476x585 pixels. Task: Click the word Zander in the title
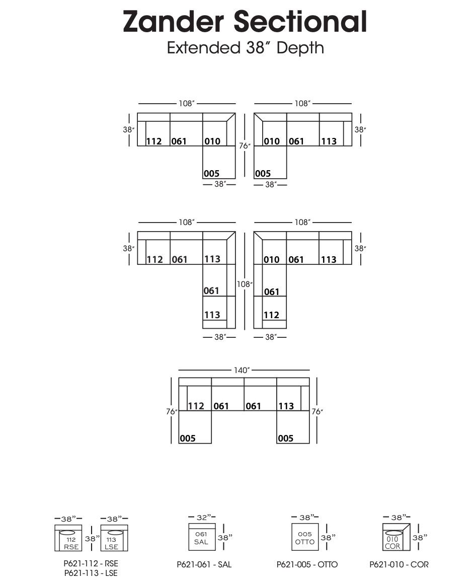173,22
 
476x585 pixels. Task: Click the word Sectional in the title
300,22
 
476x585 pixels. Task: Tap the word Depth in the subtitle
300,48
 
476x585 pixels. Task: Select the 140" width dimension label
242,370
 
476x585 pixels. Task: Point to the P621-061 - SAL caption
204,564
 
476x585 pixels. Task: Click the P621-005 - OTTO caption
307,564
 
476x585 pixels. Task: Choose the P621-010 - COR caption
399,564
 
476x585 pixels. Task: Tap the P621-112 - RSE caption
91,563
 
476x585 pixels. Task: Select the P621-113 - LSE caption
91,573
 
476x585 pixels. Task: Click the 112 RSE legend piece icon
68,538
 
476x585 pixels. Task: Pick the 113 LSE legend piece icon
114,538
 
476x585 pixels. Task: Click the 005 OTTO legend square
305,537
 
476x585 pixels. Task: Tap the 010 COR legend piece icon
396,537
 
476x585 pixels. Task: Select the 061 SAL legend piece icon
202,537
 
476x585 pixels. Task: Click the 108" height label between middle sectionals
245,284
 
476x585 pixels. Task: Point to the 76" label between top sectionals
245,146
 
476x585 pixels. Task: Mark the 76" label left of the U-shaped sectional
172,411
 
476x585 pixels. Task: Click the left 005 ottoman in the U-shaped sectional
195,427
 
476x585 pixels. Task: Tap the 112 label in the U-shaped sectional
196,406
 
